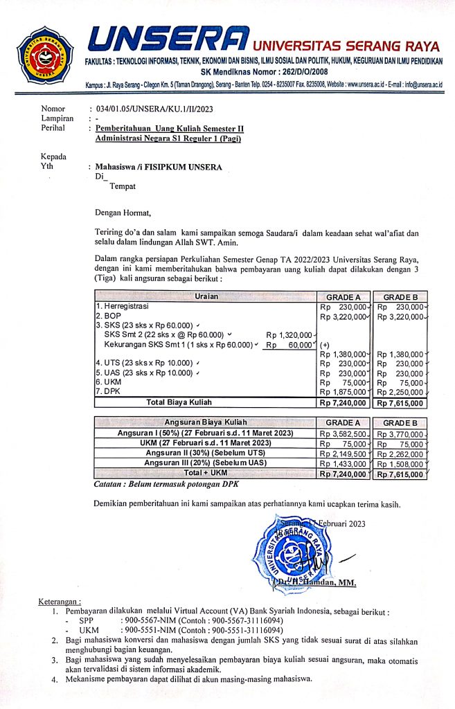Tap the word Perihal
(55, 128)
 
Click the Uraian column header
(204, 296)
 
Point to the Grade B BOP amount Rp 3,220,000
(400, 316)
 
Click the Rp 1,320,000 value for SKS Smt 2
(291, 335)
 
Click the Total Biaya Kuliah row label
(179, 402)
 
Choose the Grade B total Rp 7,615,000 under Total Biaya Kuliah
(400, 402)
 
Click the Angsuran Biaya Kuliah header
(205, 422)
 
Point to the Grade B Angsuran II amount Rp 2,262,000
(400, 454)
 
